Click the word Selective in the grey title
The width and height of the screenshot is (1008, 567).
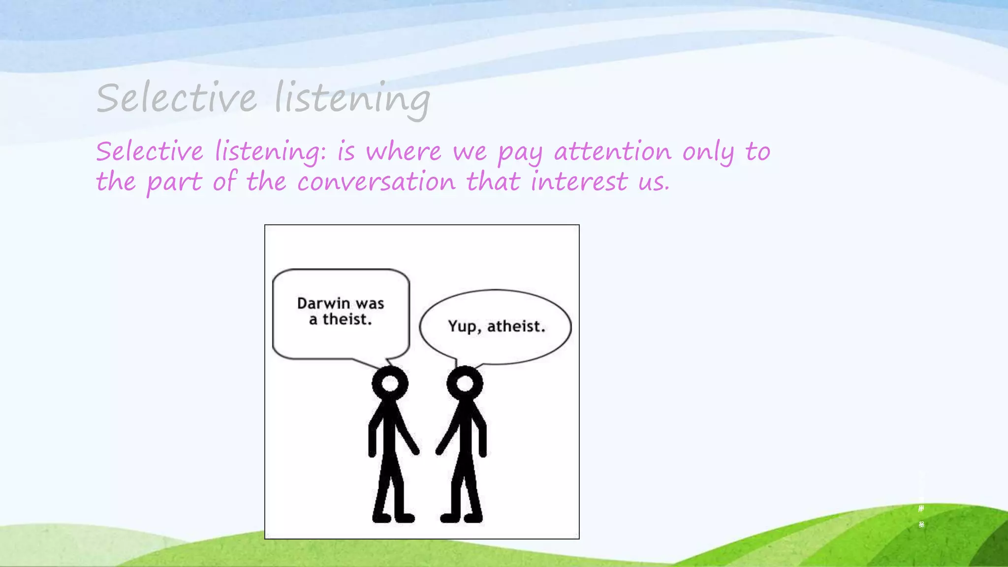[176, 97]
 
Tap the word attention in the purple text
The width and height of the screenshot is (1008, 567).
[613, 151]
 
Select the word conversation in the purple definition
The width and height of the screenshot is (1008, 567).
[377, 182]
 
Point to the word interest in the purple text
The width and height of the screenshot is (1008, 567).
[579, 182]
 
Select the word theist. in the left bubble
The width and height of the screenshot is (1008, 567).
[347, 319]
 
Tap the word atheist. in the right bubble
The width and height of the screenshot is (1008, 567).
[516, 326]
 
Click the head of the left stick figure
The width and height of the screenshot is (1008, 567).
[390, 383]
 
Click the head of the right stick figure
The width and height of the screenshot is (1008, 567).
[465, 383]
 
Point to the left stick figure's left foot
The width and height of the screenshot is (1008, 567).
[382, 518]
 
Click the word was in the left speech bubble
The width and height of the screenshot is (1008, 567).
[370, 304]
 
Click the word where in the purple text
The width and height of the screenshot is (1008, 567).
[404, 151]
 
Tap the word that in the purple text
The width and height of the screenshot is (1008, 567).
[493, 182]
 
